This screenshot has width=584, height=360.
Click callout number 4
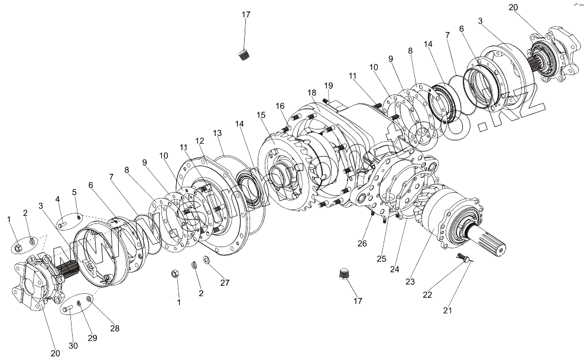pyautogui.click(x=59, y=199)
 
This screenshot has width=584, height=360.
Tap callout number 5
pyautogui.click(x=75, y=192)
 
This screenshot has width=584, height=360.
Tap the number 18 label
pyautogui.click(x=312, y=92)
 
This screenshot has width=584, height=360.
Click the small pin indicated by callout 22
pyautogui.click(x=460, y=256)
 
